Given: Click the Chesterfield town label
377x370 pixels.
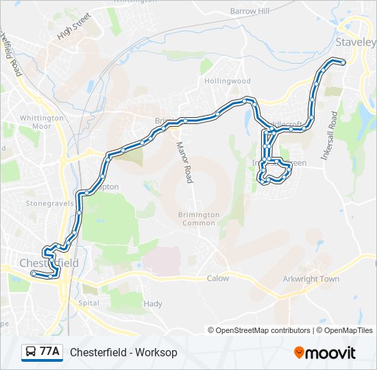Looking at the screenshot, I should click(x=49, y=263).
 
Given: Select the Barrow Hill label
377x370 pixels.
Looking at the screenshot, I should click(x=250, y=12).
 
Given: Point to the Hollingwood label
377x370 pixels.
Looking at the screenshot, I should click(x=228, y=81).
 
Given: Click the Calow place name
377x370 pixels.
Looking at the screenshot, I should click(x=217, y=278).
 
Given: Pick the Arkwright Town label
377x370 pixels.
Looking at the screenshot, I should click(x=311, y=279).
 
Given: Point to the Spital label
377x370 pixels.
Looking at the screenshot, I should click(x=89, y=302).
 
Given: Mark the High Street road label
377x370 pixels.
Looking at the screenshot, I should click(x=74, y=28).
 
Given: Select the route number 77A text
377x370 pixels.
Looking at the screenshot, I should click(x=49, y=352).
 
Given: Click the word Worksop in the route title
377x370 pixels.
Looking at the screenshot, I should click(x=156, y=352).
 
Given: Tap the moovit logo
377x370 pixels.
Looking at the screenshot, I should click(x=325, y=352).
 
